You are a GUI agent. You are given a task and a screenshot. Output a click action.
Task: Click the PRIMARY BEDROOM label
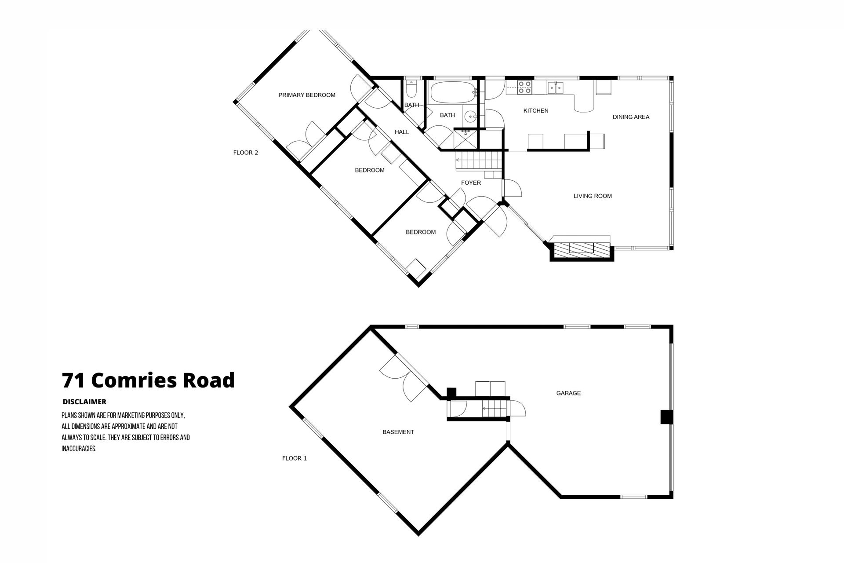[x=307, y=95]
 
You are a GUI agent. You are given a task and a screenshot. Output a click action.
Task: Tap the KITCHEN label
[x=536, y=111]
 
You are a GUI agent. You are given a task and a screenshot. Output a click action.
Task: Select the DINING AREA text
[x=631, y=117]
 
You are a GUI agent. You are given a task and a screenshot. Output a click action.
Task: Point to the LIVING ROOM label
[x=593, y=196]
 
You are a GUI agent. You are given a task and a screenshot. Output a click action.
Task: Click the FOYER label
[x=471, y=183]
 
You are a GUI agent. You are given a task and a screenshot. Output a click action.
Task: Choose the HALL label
[x=402, y=132]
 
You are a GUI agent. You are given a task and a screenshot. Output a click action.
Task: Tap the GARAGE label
[x=568, y=393]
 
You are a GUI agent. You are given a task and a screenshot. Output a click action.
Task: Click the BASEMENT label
[x=398, y=432]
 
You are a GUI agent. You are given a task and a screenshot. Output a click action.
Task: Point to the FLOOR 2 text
[x=246, y=153]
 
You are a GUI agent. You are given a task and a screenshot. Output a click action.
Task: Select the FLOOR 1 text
[x=295, y=458]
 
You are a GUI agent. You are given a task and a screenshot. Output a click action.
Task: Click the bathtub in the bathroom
[x=452, y=92]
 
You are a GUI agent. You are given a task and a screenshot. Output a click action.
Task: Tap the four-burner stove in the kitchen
[x=525, y=88]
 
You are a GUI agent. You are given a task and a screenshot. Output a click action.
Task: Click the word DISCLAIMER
[x=84, y=402]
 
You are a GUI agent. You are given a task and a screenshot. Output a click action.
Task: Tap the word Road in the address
[x=209, y=380]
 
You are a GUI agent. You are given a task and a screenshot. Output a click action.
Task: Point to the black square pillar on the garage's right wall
[x=666, y=417]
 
